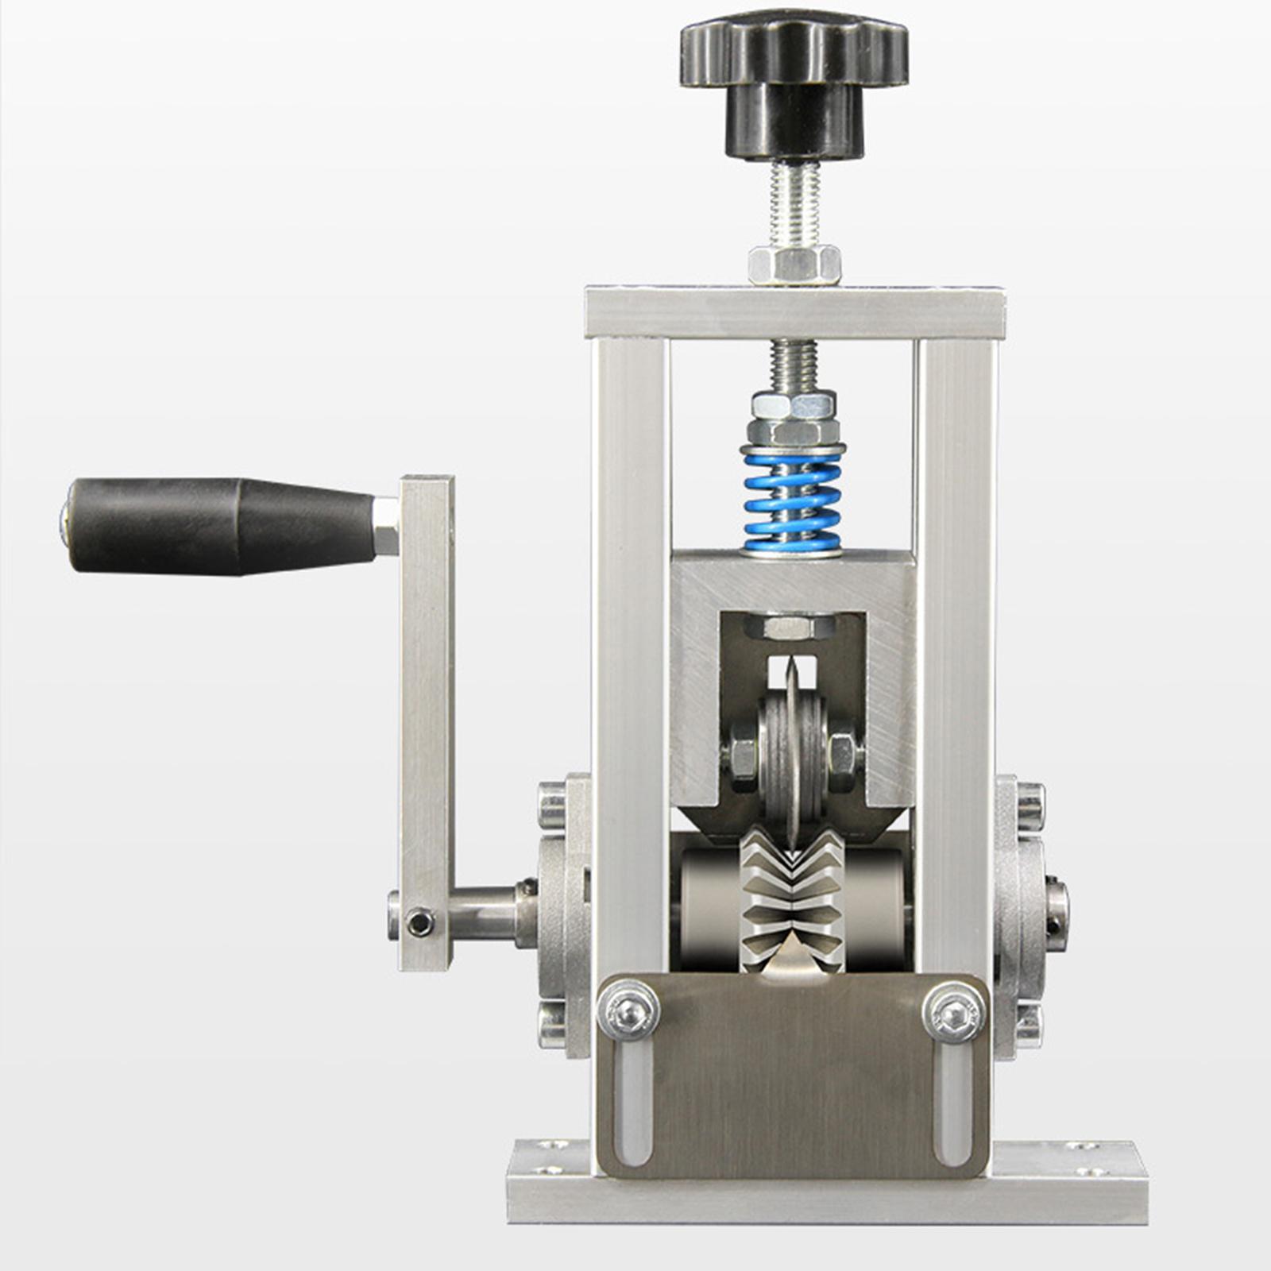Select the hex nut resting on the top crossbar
794,265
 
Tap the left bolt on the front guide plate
628,1010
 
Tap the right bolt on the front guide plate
954,1012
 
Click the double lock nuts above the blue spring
793,418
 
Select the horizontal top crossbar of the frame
794,313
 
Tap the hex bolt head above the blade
789,628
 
